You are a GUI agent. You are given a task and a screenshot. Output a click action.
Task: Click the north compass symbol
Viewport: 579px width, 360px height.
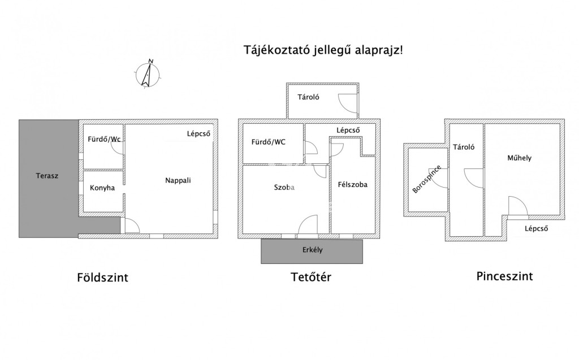click(x=148, y=74)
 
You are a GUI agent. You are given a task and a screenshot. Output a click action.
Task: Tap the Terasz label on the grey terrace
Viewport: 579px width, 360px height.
click(x=47, y=176)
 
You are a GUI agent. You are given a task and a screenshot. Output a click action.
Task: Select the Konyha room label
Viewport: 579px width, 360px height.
click(x=102, y=188)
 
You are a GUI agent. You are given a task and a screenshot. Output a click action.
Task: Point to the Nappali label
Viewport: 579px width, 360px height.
click(x=178, y=180)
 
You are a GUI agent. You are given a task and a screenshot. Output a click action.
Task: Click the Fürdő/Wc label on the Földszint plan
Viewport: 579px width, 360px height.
click(x=104, y=139)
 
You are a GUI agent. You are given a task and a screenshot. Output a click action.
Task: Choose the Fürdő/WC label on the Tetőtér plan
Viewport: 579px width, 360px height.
click(x=269, y=142)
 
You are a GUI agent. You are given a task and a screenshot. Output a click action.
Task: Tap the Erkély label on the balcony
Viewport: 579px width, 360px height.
click(x=312, y=250)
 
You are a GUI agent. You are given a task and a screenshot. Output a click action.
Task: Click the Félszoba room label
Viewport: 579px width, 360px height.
click(x=353, y=185)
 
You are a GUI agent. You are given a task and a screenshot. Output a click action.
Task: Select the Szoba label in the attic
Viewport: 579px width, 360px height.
click(x=284, y=188)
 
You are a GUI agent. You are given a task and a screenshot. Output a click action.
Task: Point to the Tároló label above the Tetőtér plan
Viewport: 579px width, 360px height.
click(x=308, y=97)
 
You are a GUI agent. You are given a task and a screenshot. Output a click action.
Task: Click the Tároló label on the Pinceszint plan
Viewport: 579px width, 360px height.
click(x=464, y=147)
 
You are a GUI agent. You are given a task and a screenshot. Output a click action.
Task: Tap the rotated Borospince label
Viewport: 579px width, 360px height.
click(x=426, y=179)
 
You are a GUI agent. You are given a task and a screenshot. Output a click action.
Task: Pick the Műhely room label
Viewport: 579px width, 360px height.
click(x=519, y=158)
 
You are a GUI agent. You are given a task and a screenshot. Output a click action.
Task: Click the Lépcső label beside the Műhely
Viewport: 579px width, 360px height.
click(x=537, y=228)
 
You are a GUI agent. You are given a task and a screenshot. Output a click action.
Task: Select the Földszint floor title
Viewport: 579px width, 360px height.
click(x=103, y=277)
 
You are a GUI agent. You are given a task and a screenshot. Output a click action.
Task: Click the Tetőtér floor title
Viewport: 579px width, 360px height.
click(x=311, y=277)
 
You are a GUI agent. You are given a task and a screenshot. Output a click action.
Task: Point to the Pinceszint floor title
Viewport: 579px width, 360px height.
click(x=504, y=276)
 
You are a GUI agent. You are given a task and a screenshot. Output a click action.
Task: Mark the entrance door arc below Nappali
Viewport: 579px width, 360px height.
click(x=132, y=225)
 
